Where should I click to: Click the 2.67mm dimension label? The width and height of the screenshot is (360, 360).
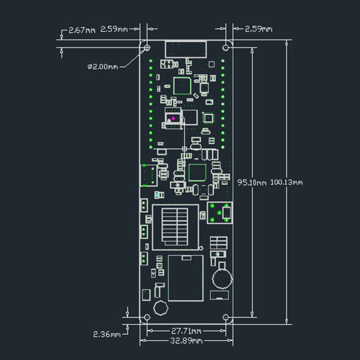pyautogui.click(x=82, y=30)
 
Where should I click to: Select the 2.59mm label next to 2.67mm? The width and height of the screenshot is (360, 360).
pyautogui.click(x=114, y=30)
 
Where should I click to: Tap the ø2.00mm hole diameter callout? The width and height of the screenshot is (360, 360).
pyautogui.click(x=102, y=67)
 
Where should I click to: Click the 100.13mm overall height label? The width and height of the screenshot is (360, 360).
pyautogui.click(x=287, y=182)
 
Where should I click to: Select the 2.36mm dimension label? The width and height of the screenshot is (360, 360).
pyautogui.click(x=107, y=334)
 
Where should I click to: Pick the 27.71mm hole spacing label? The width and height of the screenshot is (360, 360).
pyautogui.click(x=186, y=331)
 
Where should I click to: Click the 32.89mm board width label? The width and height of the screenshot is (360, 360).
pyautogui.click(x=186, y=341)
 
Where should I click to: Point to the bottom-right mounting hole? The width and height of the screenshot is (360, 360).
pyautogui.click(x=226, y=317)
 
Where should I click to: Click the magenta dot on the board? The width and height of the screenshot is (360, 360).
pyautogui.click(x=173, y=118)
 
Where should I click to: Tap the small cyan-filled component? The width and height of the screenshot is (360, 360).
pyautogui.click(x=158, y=195)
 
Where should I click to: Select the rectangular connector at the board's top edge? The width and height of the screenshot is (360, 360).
pyautogui.click(x=186, y=49)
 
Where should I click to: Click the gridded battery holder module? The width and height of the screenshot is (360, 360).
pyautogui.click(x=175, y=227)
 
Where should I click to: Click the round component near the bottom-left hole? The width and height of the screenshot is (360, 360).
pyautogui.click(x=160, y=308)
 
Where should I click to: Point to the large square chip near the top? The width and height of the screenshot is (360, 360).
pyautogui.click(x=182, y=85)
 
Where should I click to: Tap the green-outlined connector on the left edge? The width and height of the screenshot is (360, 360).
pyautogui.click(x=148, y=175)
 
